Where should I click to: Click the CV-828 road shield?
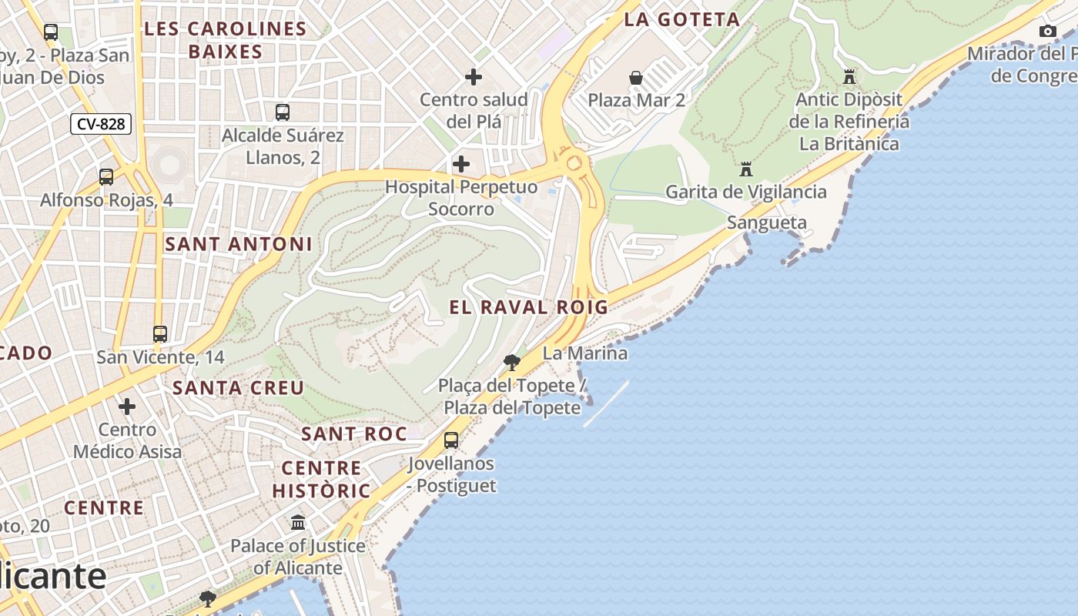coord(101,124)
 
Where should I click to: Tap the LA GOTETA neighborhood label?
coord(681,20)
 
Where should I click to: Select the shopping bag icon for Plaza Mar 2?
coord(636,78)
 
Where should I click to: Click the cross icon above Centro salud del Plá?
coord(474,77)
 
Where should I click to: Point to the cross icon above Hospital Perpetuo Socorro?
coord(461,164)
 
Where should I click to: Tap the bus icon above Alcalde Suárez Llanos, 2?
coord(283,112)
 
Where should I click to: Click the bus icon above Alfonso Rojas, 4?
coord(106,177)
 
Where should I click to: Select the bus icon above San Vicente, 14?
coord(160,334)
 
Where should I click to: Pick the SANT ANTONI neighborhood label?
coord(239,245)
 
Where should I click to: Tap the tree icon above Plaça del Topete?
coord(511,362)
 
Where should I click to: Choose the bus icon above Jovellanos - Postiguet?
coord(451,440)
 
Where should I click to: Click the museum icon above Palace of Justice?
coord(298,523)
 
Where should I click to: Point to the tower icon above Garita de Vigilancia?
coord(745,169)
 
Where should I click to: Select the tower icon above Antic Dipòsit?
coord(849,77)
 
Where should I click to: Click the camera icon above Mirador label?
coord(1047,32)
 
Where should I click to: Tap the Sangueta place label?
coord(767,223)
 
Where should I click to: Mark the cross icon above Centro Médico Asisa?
coord(127,406)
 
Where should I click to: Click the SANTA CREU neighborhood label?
coord(239,387)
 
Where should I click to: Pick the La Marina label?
coord(584,353)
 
